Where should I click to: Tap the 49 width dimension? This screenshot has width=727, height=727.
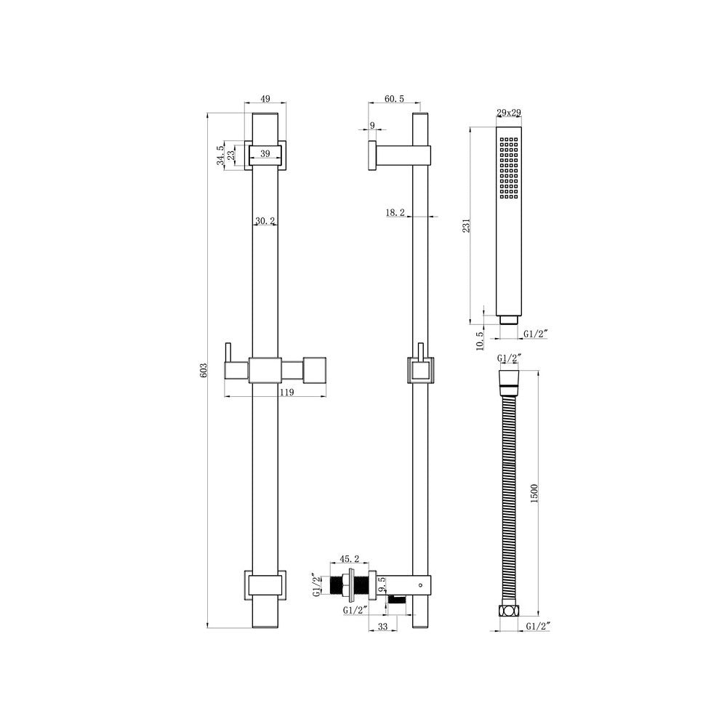pyautogui.click(x=265, y=99)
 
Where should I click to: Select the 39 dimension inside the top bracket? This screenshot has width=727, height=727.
pyautogui.click(x=265, y=153)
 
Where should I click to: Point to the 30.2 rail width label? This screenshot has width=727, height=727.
pyautogui.click(x=265, y=221)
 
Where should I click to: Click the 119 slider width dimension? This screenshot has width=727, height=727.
pyautogui.click(x=287, y=393)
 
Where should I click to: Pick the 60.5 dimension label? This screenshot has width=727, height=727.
pyautogui.click(x=395, y=99)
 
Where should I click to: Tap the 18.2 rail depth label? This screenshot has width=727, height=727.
pyautogui.click(x=395, y=213)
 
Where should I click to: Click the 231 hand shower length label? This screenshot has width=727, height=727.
pyautogui.click(x=467, y=225)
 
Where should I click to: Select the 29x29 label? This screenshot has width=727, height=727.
pyautogui.click(x=509, y=113)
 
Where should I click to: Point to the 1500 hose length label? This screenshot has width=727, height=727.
pyautogui.click(x=534, y=494)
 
